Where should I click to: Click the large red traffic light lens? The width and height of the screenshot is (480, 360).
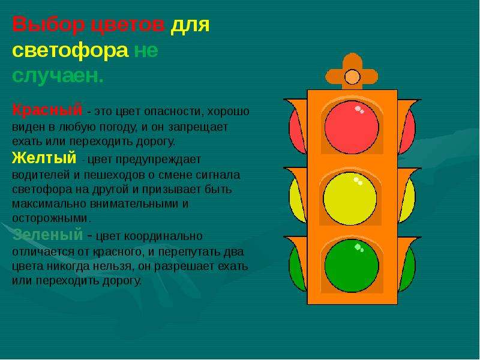click(352, 127)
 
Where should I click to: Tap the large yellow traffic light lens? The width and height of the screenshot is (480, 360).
click(350, 199)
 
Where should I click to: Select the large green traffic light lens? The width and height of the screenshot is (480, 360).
click(352, 265)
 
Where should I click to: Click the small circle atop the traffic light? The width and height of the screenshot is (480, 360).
click(352, 77)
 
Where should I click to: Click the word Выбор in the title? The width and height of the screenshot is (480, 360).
click(49, 24)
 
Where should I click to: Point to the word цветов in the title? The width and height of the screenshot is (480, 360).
click(128, 24)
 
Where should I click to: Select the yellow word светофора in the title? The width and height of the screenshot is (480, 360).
click(70, 50)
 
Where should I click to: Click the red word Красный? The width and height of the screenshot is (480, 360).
click(47, 110)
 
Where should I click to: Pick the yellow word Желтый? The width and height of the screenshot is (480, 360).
click(44, 158)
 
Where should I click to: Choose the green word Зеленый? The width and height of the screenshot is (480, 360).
click(48, 235)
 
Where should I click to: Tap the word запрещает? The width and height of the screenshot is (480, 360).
click(198, 127)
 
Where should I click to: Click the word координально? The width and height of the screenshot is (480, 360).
click(163, 237)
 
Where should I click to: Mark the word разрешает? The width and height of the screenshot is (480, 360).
click(184, 266)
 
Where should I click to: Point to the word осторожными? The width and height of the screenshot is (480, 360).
click(51, 218)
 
